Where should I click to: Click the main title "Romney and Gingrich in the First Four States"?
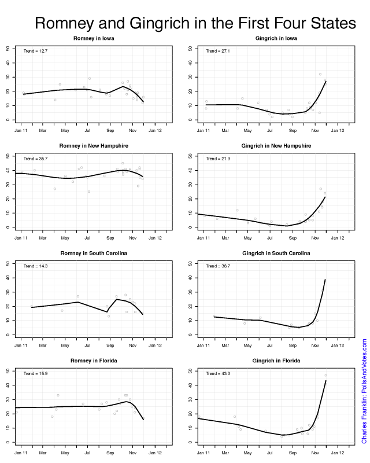[195, 23]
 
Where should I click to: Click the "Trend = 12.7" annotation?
[35, 52]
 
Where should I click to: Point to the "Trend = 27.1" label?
[217, 52]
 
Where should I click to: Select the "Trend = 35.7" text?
[35, 159]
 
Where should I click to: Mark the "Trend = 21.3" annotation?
[217, 159]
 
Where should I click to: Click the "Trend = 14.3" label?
[35, 266]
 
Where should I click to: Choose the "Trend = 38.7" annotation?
[217, 266]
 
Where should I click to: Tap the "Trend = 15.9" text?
[35, 373]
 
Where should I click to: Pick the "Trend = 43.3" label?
[217, 373]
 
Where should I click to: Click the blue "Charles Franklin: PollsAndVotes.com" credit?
[364, 391]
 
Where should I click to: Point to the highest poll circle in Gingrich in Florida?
[325, 376]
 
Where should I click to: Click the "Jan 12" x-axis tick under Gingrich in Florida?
[338, 453]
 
